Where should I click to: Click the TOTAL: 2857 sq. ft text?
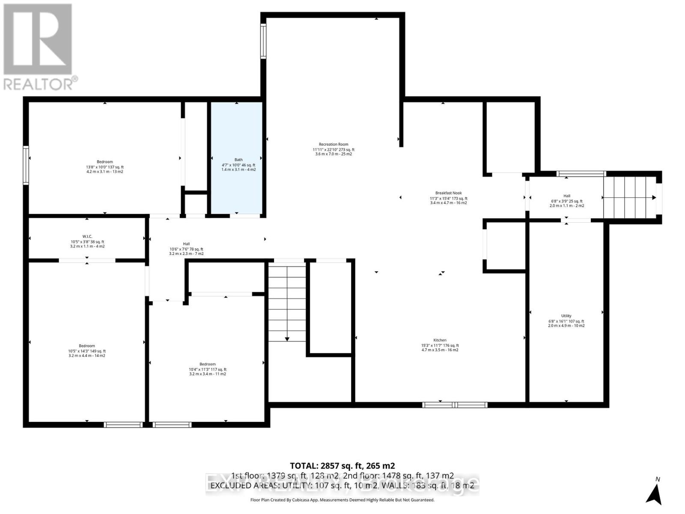(x=342, y=466)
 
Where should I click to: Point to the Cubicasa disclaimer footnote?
(x=342, y=500)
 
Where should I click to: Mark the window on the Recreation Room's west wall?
(x=263, y=41)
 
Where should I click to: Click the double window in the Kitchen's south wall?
(x=455, y=405)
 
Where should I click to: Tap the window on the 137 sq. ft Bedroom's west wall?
(x=26, y=165)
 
